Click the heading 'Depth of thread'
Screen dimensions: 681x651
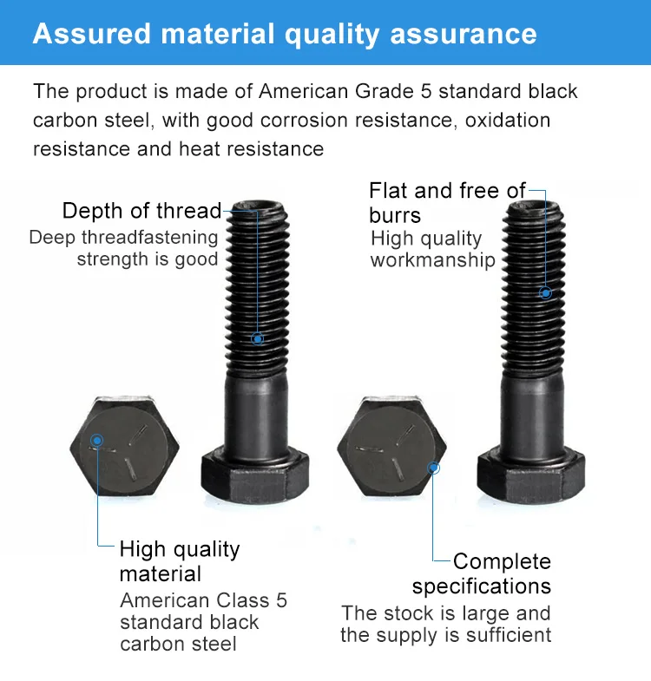click(x=141, y=211)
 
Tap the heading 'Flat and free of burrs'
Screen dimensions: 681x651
click(x=447, y=202)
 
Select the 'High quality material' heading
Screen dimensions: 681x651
click(x=179, y=561)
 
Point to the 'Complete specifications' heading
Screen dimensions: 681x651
click(x=483, y=573)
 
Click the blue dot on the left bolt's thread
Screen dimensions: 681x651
click(x=257, y=338)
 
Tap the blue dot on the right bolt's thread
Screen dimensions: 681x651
click(x=546, y=293)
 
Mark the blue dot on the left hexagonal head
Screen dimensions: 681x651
click(x=98, y=441)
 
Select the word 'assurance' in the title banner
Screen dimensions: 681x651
click(x=464, y=34)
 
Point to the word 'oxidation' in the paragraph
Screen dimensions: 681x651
click(x=508, y=120)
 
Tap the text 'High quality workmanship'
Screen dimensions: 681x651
click(x=432, y=249)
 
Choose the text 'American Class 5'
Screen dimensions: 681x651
click(x=203, y=600)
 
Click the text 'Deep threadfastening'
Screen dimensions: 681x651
click(x=123, y=238)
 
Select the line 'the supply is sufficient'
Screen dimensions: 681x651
click(x=445, y=635)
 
